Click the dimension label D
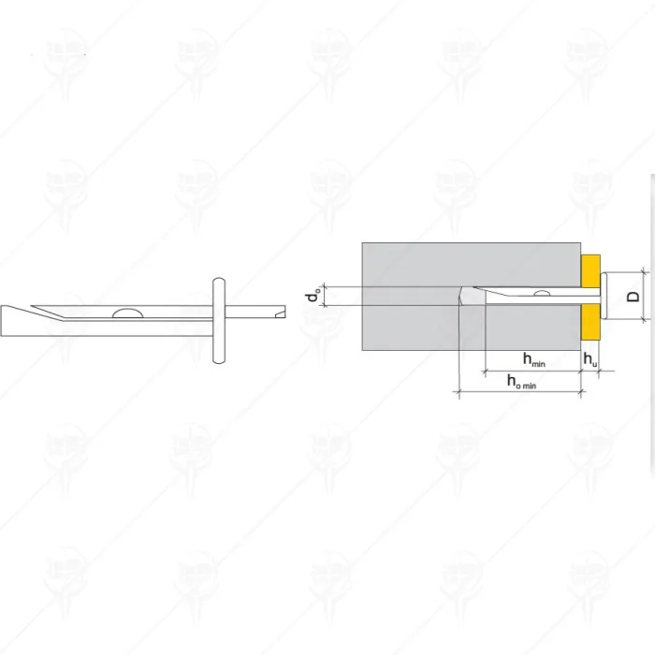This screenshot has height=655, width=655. pos(633,297)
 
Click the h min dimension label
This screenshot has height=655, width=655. pos(534,360)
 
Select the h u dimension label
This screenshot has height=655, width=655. pos(590,360)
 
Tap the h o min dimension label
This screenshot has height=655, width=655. pos(521,382)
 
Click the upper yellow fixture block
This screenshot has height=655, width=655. pos(590,270)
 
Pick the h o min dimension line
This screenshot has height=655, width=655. pos(519,393)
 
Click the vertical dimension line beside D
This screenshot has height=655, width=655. pos(647,297)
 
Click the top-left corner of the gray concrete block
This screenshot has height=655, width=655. pos(363,243)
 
